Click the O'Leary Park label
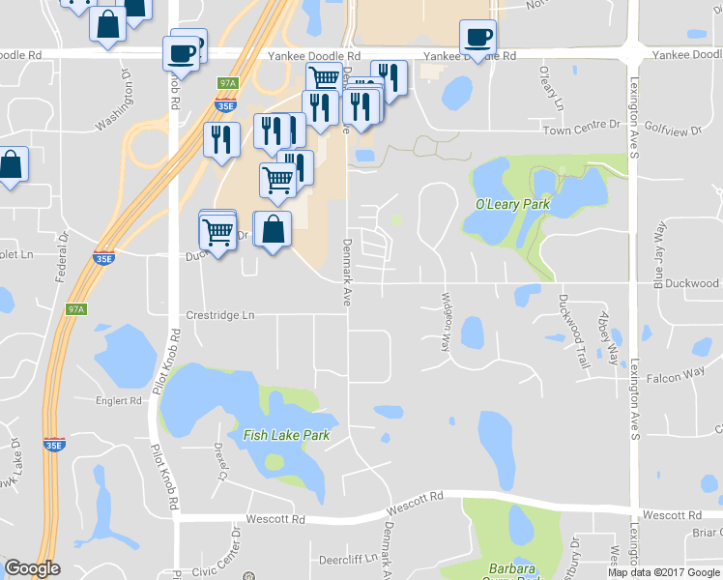tap(512, 205)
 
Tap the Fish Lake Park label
tap(286, 435)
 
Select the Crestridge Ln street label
tap(220, 315)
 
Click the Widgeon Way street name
tap(447, 321)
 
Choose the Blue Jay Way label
tap(661, 255)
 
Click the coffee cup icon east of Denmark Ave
tap(477, 38)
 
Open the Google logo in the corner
tap(32, 568)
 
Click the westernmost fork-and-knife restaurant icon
tap(221, 138)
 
